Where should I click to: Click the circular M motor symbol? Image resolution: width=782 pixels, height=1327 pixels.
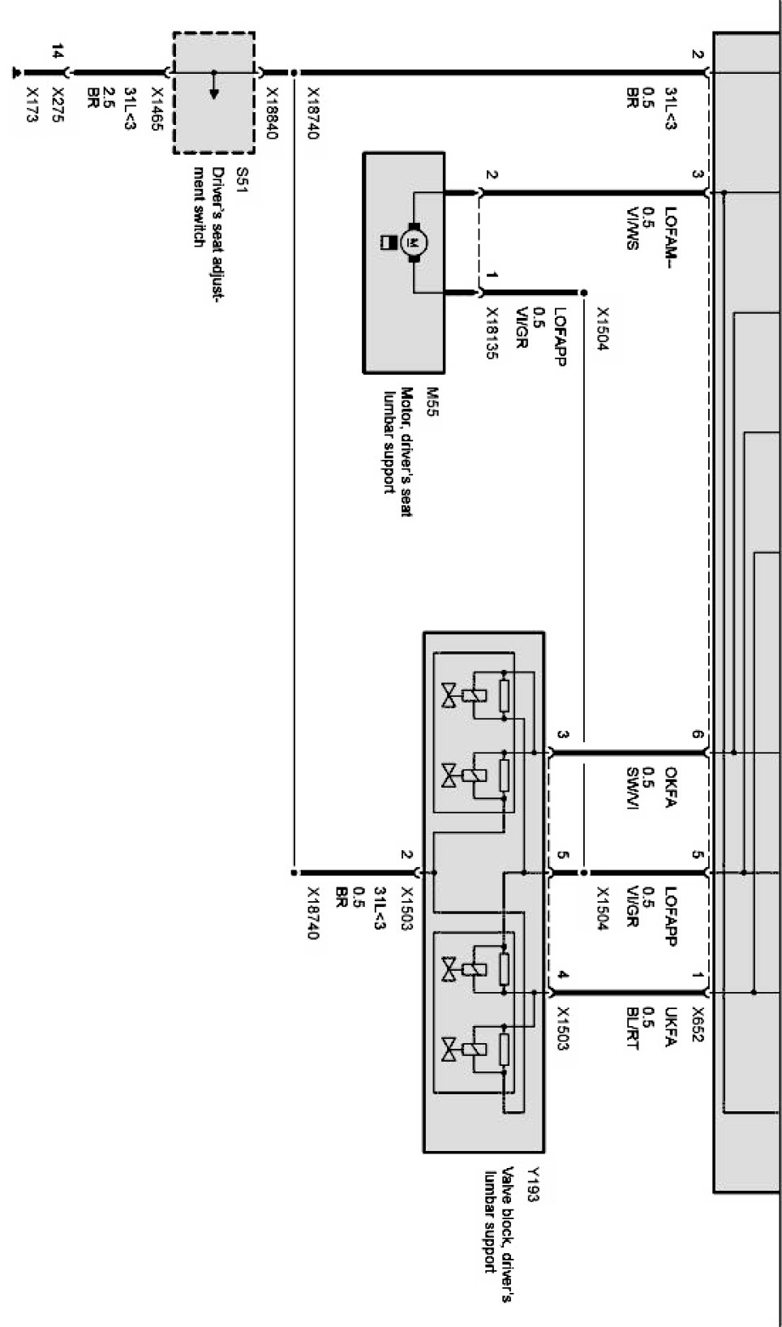pos(415,242)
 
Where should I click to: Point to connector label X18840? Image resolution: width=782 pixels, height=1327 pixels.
pos(271,114)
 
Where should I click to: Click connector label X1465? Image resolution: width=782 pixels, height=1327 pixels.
pos(157,109)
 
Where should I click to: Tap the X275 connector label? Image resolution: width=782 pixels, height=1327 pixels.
pos(58,105)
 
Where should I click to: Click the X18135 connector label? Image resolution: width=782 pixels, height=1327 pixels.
pos(492,333)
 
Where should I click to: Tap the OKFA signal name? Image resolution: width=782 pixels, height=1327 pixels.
pos(671,787)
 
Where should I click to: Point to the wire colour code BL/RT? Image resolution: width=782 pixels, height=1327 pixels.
pos(633,1029)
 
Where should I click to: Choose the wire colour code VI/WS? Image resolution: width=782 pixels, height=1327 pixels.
pos(633,228)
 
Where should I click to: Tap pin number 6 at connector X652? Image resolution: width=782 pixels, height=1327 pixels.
pos(698,735)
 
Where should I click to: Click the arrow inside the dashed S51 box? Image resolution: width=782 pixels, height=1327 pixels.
pos(214,85)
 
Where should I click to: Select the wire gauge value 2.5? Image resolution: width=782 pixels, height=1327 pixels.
pos(109,96)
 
